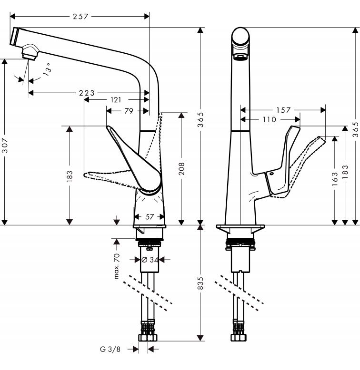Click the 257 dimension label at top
click(81, 17)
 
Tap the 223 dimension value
click(87, 93)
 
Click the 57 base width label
click(150, 217)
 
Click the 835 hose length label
click(201, 284)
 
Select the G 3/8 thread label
click(110, 350)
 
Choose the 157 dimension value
click(283, 110)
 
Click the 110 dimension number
click(269, 120)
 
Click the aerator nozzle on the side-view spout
click(30, 52)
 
